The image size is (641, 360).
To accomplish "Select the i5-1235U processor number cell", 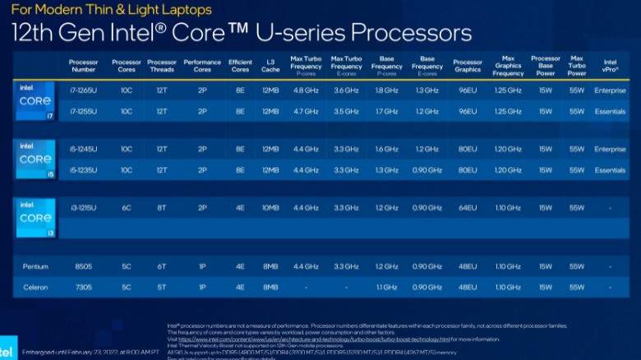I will tap(83, 170).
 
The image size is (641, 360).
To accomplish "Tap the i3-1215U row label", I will tap(83, 209).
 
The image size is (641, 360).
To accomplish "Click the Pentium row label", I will tap(35, 267).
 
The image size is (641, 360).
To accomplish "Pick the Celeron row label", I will tap(35, 288).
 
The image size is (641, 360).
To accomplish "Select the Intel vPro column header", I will tap(610, 62).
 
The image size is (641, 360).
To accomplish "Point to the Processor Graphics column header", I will tap(468, 66).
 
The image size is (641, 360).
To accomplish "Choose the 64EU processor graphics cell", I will tap(468, 209).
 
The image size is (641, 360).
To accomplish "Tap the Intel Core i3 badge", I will tap(35, 218).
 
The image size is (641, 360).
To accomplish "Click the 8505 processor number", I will tap(83, 267).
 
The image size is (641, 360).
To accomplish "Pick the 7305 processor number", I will tap(83, 288).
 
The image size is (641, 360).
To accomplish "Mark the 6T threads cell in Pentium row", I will tap(162, 267).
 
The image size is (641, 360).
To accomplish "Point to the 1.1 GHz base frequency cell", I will tap(386, 288).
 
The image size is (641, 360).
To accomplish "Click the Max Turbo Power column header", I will tap(577, 66).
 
